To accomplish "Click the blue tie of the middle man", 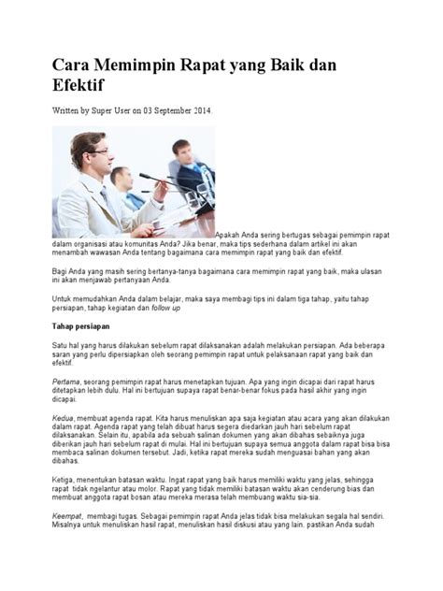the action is [x=128, y=200].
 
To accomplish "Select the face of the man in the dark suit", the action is [x=180, y=151].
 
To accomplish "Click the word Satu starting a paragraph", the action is [x=59, y=344].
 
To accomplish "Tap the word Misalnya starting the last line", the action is [x=67, y=525].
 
